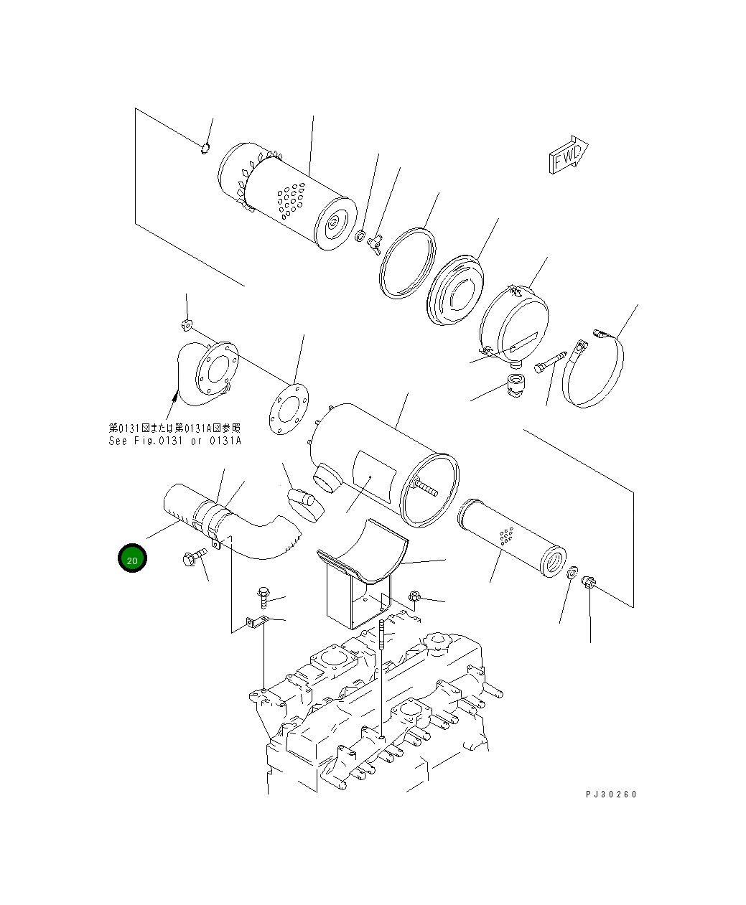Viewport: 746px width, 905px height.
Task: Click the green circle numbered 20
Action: (132, 558)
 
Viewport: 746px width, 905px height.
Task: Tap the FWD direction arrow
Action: (569, 155)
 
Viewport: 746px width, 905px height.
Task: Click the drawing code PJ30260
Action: (611, 794)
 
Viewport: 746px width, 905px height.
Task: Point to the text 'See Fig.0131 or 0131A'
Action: (174, 441)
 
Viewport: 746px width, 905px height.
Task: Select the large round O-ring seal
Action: (407, 263)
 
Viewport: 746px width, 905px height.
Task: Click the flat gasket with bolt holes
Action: (289, 409)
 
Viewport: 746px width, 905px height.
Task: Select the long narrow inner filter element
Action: (512, 538)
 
